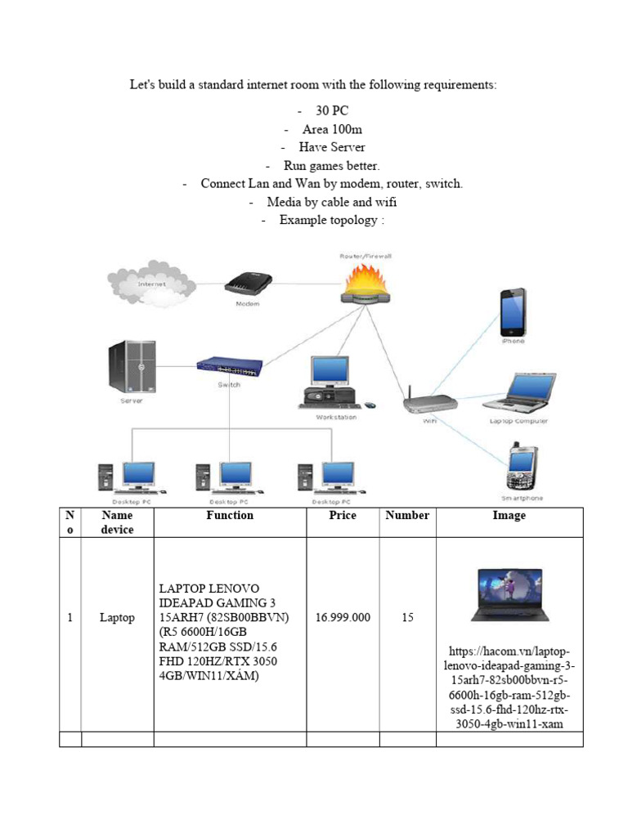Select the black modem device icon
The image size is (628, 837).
pyautogui.click(x=248, y=284)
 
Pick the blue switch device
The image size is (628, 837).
pyautogui.click(x=229, y=367)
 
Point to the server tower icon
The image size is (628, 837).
pyautogui.click(x=132, y=368)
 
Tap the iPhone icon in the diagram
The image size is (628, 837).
pyautogui.click(x=513, y=311)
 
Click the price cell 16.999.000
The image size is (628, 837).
pyautogui.click(x=343, y=618)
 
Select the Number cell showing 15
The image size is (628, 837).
pyautogui.click(x=407, y=618)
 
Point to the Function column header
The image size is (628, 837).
pyautogui.click(x=230, y=516)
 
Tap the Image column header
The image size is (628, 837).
pyautogui.click(x=509, y=516)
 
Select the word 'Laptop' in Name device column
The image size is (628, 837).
pyautogui.click(x=117, y=618)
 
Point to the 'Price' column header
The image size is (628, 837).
pyautogui.click(x=343, y=516)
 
